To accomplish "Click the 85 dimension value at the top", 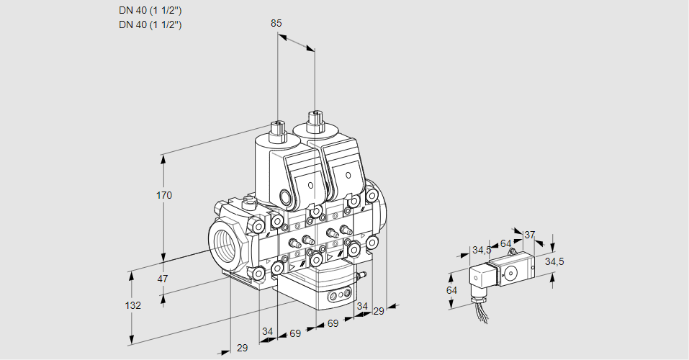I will click(x=276, y=23).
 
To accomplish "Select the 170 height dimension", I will click(x=165, y=195).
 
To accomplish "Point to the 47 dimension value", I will click(x=163, y=279).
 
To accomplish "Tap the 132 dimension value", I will click(x=133, y=305).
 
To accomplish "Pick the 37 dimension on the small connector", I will click(x=529, y=235).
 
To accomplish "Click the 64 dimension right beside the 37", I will click(x=505, y=243).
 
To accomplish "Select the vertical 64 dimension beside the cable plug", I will click(x=451, y=290).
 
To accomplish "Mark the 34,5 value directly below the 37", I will click(x=554, y=261).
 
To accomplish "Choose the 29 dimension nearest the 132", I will click(x=242, y=348).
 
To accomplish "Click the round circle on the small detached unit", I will click(x=512, y=273).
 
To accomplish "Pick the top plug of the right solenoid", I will click(x=315, y=120).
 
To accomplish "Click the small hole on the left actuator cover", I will click(x=311, y=185).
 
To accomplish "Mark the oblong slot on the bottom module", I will click(x=338, y=295).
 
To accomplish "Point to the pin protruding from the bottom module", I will click(x=363, y=274).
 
